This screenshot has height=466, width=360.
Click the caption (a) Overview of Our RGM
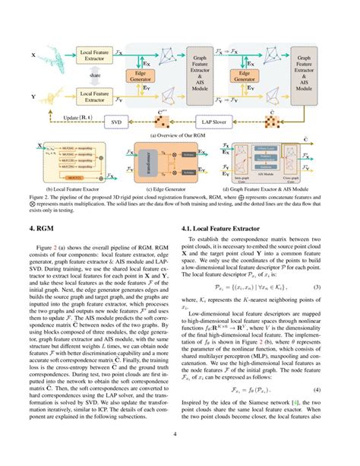click(x=179, y=134)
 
